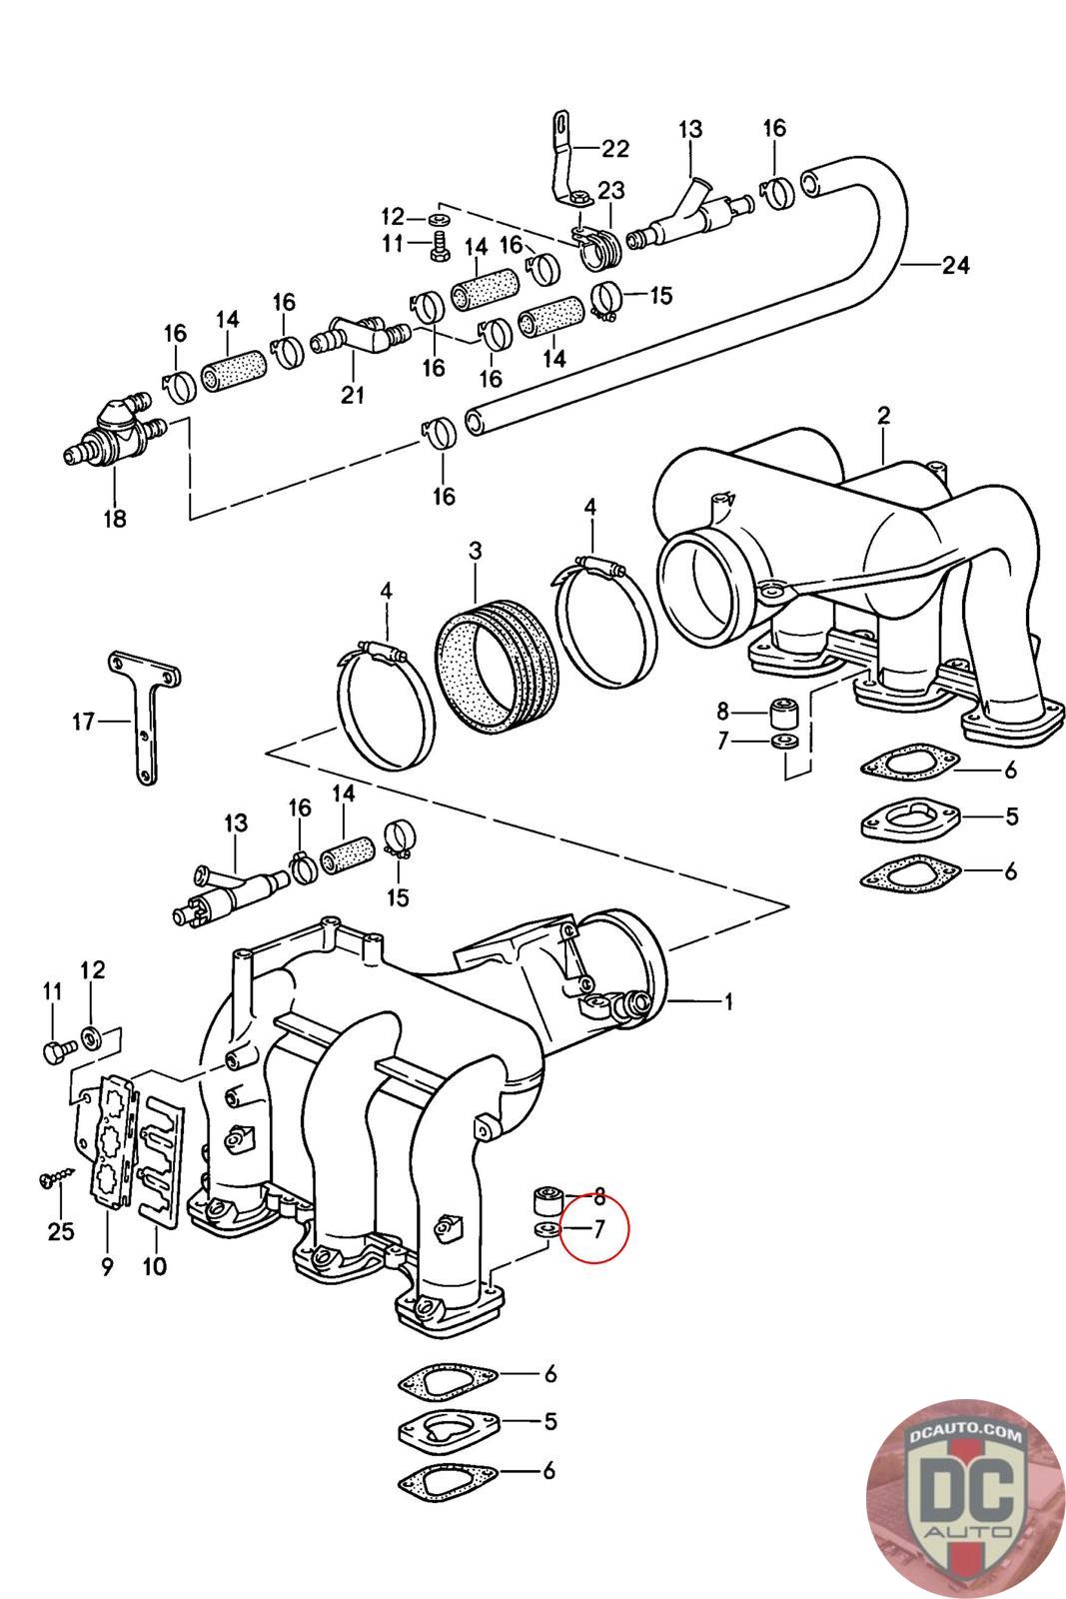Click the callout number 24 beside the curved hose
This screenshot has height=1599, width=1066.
[x=955, y=265]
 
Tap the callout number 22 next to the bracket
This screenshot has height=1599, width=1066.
[x=615, y=149]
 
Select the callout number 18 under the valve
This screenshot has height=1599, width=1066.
[x=115, y=519]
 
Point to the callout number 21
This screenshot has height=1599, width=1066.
[x=353, y=395]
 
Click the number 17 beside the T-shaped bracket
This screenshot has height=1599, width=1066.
[x=83, y=722]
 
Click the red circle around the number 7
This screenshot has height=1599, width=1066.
[x=593, y=1228]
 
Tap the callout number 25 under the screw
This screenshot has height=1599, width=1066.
[x=61, y=1231]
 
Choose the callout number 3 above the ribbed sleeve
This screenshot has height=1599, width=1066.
[x=476, y=551]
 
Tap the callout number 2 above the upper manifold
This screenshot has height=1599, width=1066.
[x=883, y=416]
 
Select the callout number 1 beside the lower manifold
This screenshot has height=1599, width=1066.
[x=727, y=1002]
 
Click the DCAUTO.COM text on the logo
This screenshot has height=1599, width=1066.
[x=965, y=1434]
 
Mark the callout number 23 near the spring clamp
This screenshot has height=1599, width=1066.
[x=610, y=190]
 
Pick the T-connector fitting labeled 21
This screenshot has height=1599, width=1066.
[x=361, y=336]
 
